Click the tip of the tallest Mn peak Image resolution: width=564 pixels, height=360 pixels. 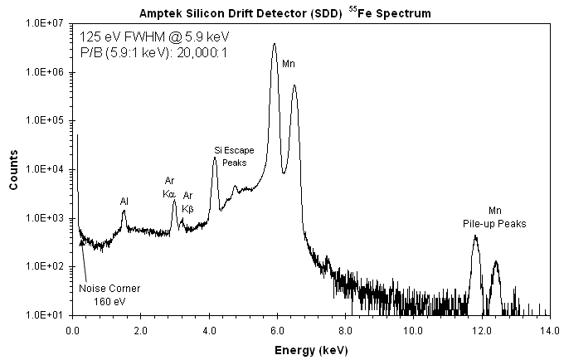[x=275, y=45]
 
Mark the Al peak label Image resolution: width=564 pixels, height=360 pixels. [x=124, y=201]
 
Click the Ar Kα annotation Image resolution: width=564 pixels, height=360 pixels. [x=169, y=187]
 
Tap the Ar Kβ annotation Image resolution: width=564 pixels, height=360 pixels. [x=187, y=202]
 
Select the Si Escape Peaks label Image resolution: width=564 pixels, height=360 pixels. [x=235, y=156]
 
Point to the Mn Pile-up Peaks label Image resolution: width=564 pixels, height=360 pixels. [x=494, y=217]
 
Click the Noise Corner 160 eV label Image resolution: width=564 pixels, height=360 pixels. [x=109, y=294]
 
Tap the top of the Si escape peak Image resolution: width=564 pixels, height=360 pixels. [x=214, y=158]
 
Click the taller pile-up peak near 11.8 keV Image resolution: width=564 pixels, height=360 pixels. [x=475, y=236]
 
